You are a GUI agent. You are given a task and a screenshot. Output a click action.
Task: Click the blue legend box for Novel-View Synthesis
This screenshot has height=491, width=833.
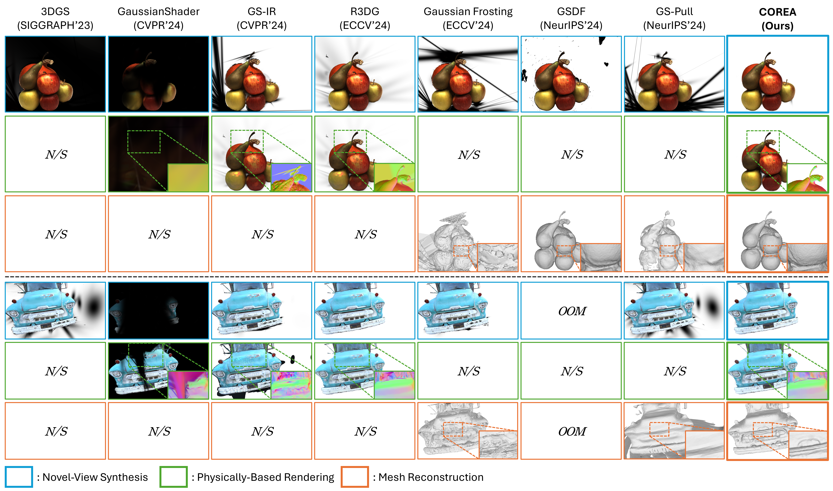19,477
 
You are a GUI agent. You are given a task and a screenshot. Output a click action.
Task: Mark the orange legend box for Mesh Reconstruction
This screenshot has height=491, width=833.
355,477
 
